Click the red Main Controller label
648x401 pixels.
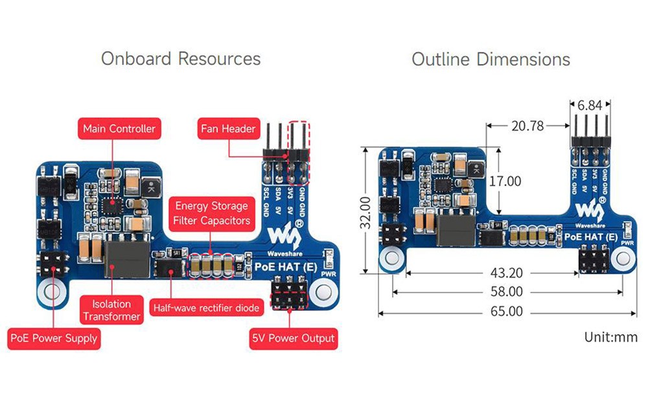(119, 128)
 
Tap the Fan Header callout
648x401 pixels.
(228, 128)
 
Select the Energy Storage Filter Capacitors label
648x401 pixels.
(211, 213)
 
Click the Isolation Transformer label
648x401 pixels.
(111, 310)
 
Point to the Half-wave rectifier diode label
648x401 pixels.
(205, 307)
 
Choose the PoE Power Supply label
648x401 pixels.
(54, 338)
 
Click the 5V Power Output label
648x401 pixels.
(294, 338)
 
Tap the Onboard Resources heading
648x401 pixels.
(181, 59)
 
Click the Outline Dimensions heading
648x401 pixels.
(491, 60)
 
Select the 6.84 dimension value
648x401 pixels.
(590, 105)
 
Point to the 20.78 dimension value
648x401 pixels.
(527, 126)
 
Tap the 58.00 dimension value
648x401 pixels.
(507, 292)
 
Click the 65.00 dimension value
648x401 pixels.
(507, 312)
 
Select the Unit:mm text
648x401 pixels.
(610, 337)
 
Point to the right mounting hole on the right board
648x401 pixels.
(623, 257)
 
